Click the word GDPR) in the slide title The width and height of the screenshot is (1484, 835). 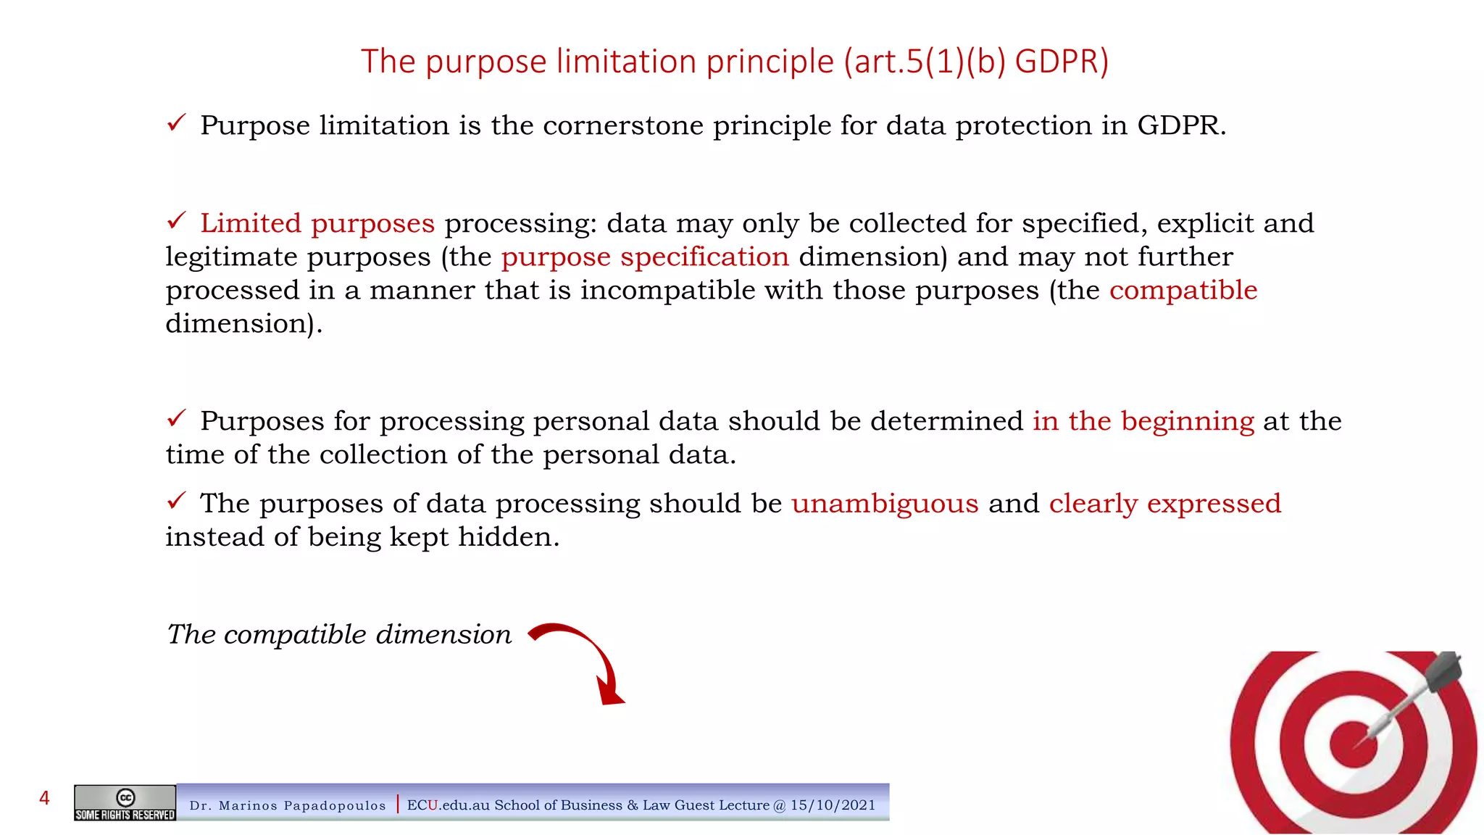pos(1062,62)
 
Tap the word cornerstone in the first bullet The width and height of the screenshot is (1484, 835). pos(623,126)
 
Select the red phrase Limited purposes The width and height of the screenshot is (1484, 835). pos(317,224)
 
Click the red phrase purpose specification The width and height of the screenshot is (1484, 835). pos(645,257)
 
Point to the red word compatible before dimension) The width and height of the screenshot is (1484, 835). pos(1183,291)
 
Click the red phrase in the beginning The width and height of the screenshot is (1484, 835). pos(1143,422)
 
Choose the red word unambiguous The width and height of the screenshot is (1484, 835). pos(885,504)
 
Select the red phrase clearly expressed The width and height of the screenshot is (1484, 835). pos(1165,504)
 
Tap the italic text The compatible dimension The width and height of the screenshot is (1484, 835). pos(339,635)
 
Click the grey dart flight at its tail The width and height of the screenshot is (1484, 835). pos(1443,669)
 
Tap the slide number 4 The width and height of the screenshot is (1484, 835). pos(44,799)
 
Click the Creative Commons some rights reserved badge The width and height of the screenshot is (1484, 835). pos(125,803)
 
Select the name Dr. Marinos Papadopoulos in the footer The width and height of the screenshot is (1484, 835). pos(288,806)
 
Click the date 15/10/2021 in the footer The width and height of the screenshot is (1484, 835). pos(833,805)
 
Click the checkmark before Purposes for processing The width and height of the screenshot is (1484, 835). pos(177,418)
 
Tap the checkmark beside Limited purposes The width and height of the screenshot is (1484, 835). pos(177,220)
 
